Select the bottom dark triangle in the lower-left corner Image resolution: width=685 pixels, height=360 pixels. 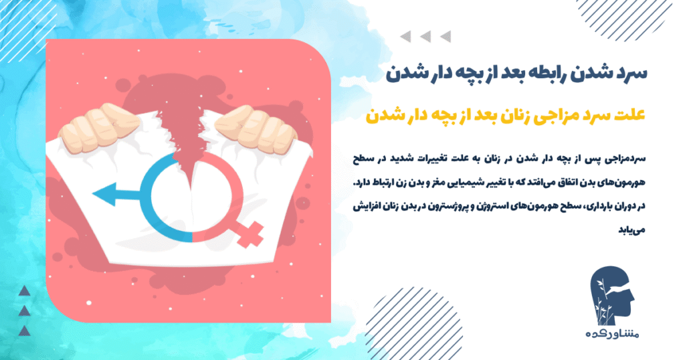pyautogui.click(x=24, y=330)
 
